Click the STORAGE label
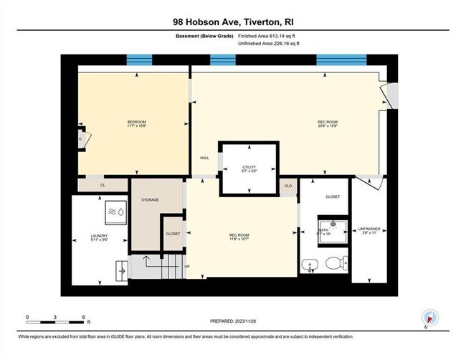point(150,199)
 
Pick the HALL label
point(204,158)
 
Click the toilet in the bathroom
point(333,264)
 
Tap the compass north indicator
point(429,318)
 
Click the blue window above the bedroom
point(140,60)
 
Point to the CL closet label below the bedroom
point(103,185)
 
